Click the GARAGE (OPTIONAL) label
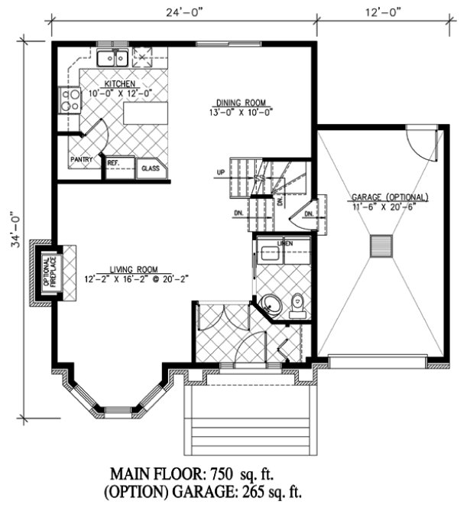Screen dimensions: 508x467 pos(390,197)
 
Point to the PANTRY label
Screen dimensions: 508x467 pos(82,160)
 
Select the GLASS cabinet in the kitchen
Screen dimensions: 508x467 pos(148,168)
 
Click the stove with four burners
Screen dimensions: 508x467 pos(70,99)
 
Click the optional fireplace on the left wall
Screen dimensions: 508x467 pos(47,273)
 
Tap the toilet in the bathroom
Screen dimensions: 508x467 pos(298,304)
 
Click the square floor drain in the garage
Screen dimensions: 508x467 pos(380,246)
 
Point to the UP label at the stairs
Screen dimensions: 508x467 pos(220,172)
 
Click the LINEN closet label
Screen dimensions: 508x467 pos(284,243)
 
